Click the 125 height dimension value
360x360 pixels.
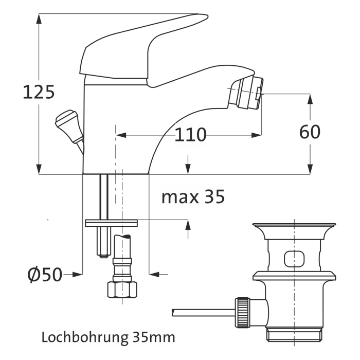tap(39, 93)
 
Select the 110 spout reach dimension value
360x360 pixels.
tap(190, 135)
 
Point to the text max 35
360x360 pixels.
tap(193, 197)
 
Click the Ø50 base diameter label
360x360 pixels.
tap(44, 275)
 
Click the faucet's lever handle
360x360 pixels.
tap(139, 46)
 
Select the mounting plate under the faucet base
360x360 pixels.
tap(112, 222)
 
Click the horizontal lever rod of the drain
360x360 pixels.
tap(203, 311)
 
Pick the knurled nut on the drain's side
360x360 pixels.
tap(242, 311)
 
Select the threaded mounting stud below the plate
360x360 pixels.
tap(102, 242)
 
